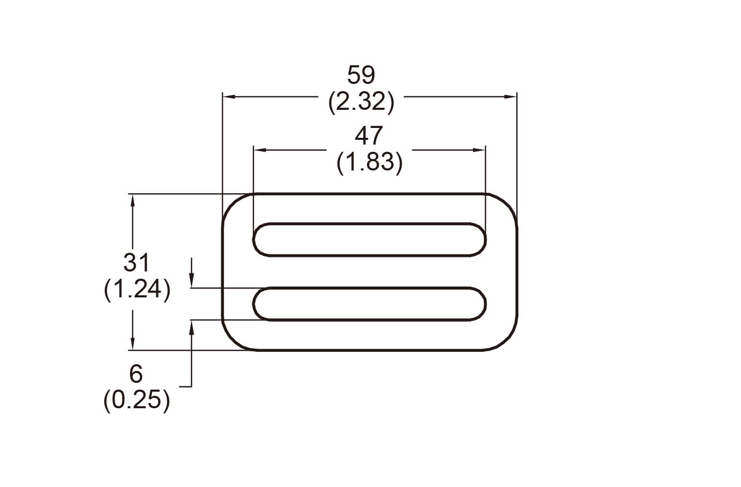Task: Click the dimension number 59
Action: coord(361,76)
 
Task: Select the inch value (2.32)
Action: coord(361,102)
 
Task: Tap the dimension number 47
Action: coord(369,136)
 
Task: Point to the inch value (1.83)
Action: coord(369,163)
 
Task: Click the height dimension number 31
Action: coord(137,263)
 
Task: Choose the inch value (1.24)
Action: coord(137,290)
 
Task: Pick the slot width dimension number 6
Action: coord(136,374)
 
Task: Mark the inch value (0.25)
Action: coord(136,400)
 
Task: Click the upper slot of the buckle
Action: coord(369,239)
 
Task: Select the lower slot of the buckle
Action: coord(369,304)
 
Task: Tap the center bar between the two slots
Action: coord(369,271)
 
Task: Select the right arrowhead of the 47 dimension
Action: coord(481,150)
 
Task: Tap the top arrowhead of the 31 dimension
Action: coord(133,199)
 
